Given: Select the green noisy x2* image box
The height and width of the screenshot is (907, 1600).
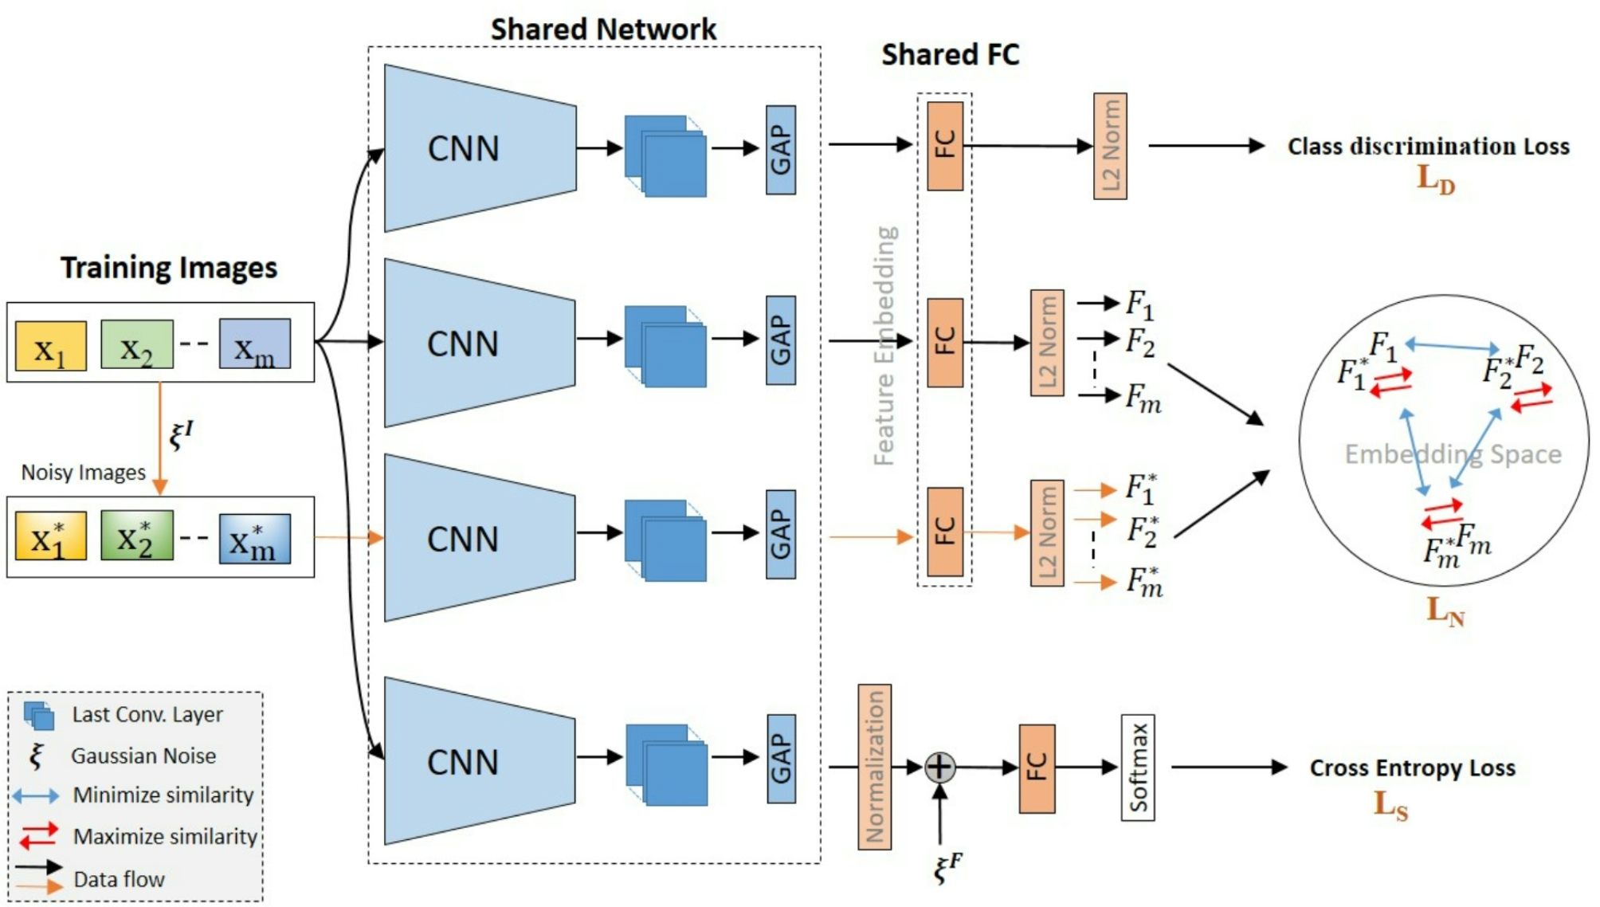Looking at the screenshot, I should tap(136, 536).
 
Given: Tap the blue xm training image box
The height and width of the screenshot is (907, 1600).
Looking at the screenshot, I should tap(254, 344).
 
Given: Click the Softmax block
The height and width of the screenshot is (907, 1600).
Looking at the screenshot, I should tap(1137, 767).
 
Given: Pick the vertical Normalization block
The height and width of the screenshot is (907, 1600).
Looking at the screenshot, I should tap(874, 767).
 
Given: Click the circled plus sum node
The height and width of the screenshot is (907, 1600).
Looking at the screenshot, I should tap(939, 767).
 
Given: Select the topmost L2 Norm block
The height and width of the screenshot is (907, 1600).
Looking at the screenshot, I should tap(1110, 146).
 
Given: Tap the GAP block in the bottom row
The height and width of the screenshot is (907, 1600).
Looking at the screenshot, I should tap(781, 758).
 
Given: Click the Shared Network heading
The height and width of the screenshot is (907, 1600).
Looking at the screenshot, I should tap(603, 29).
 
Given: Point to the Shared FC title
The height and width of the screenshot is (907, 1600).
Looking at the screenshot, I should tap(950, 54).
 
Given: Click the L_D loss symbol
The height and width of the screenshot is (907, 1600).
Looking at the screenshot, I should tap(1435, 179).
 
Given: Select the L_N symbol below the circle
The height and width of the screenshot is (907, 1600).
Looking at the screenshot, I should tap(1445, 611).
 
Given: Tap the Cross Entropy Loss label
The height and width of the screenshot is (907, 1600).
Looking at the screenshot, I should tap(1412, 768).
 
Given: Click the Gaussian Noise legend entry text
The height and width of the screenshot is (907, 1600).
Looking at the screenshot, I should tap(143, 756).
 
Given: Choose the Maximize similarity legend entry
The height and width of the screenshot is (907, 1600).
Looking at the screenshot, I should tap(164, 836).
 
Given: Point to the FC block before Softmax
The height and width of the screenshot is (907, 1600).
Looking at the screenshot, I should tap(1037, 768).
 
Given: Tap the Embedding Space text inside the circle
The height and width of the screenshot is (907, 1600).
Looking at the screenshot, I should tap(1453, 453).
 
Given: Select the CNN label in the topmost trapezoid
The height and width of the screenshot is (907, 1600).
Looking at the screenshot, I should tap(463, 148).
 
